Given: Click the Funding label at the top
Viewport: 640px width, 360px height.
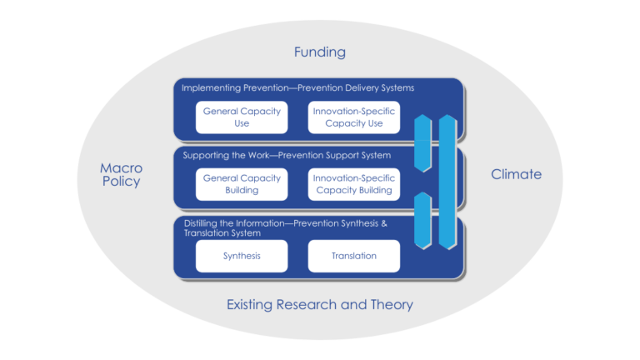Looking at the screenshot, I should pyautogui.click(x=319, y=52).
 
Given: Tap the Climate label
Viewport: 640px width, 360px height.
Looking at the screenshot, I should pyautogui.click(x=516, y=174).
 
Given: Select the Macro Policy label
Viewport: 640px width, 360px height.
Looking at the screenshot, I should pyautogui.click(x=121, y=175).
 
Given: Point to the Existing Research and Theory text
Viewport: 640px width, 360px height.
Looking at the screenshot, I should pyautogui.click(x=319, y=305).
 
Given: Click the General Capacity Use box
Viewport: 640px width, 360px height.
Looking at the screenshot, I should pyautogui.click(x=242, y=117).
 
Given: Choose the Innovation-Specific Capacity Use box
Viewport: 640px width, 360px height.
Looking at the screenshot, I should pyautogui.click(x=354, y=117).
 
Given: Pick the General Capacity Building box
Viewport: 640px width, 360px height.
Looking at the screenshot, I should pyautogui.click(x=242, y=184).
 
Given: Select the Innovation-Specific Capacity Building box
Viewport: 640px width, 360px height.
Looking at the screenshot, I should pyautogui.click(x=354, y=184).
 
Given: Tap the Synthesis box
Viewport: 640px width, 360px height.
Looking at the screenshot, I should pyautogui.click(x=242, y=256).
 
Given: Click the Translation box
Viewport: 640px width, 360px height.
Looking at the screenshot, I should pyautogui.click(x=354, y=256).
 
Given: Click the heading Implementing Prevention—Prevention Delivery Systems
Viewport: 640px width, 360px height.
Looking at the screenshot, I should pyautogui.click(x=297, y=87).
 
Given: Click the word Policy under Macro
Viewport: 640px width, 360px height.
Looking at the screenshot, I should pyautogui.click(x=121, y=182).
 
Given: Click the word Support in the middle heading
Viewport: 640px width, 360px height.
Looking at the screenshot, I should pyautogui.click(x=349, y=155).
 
